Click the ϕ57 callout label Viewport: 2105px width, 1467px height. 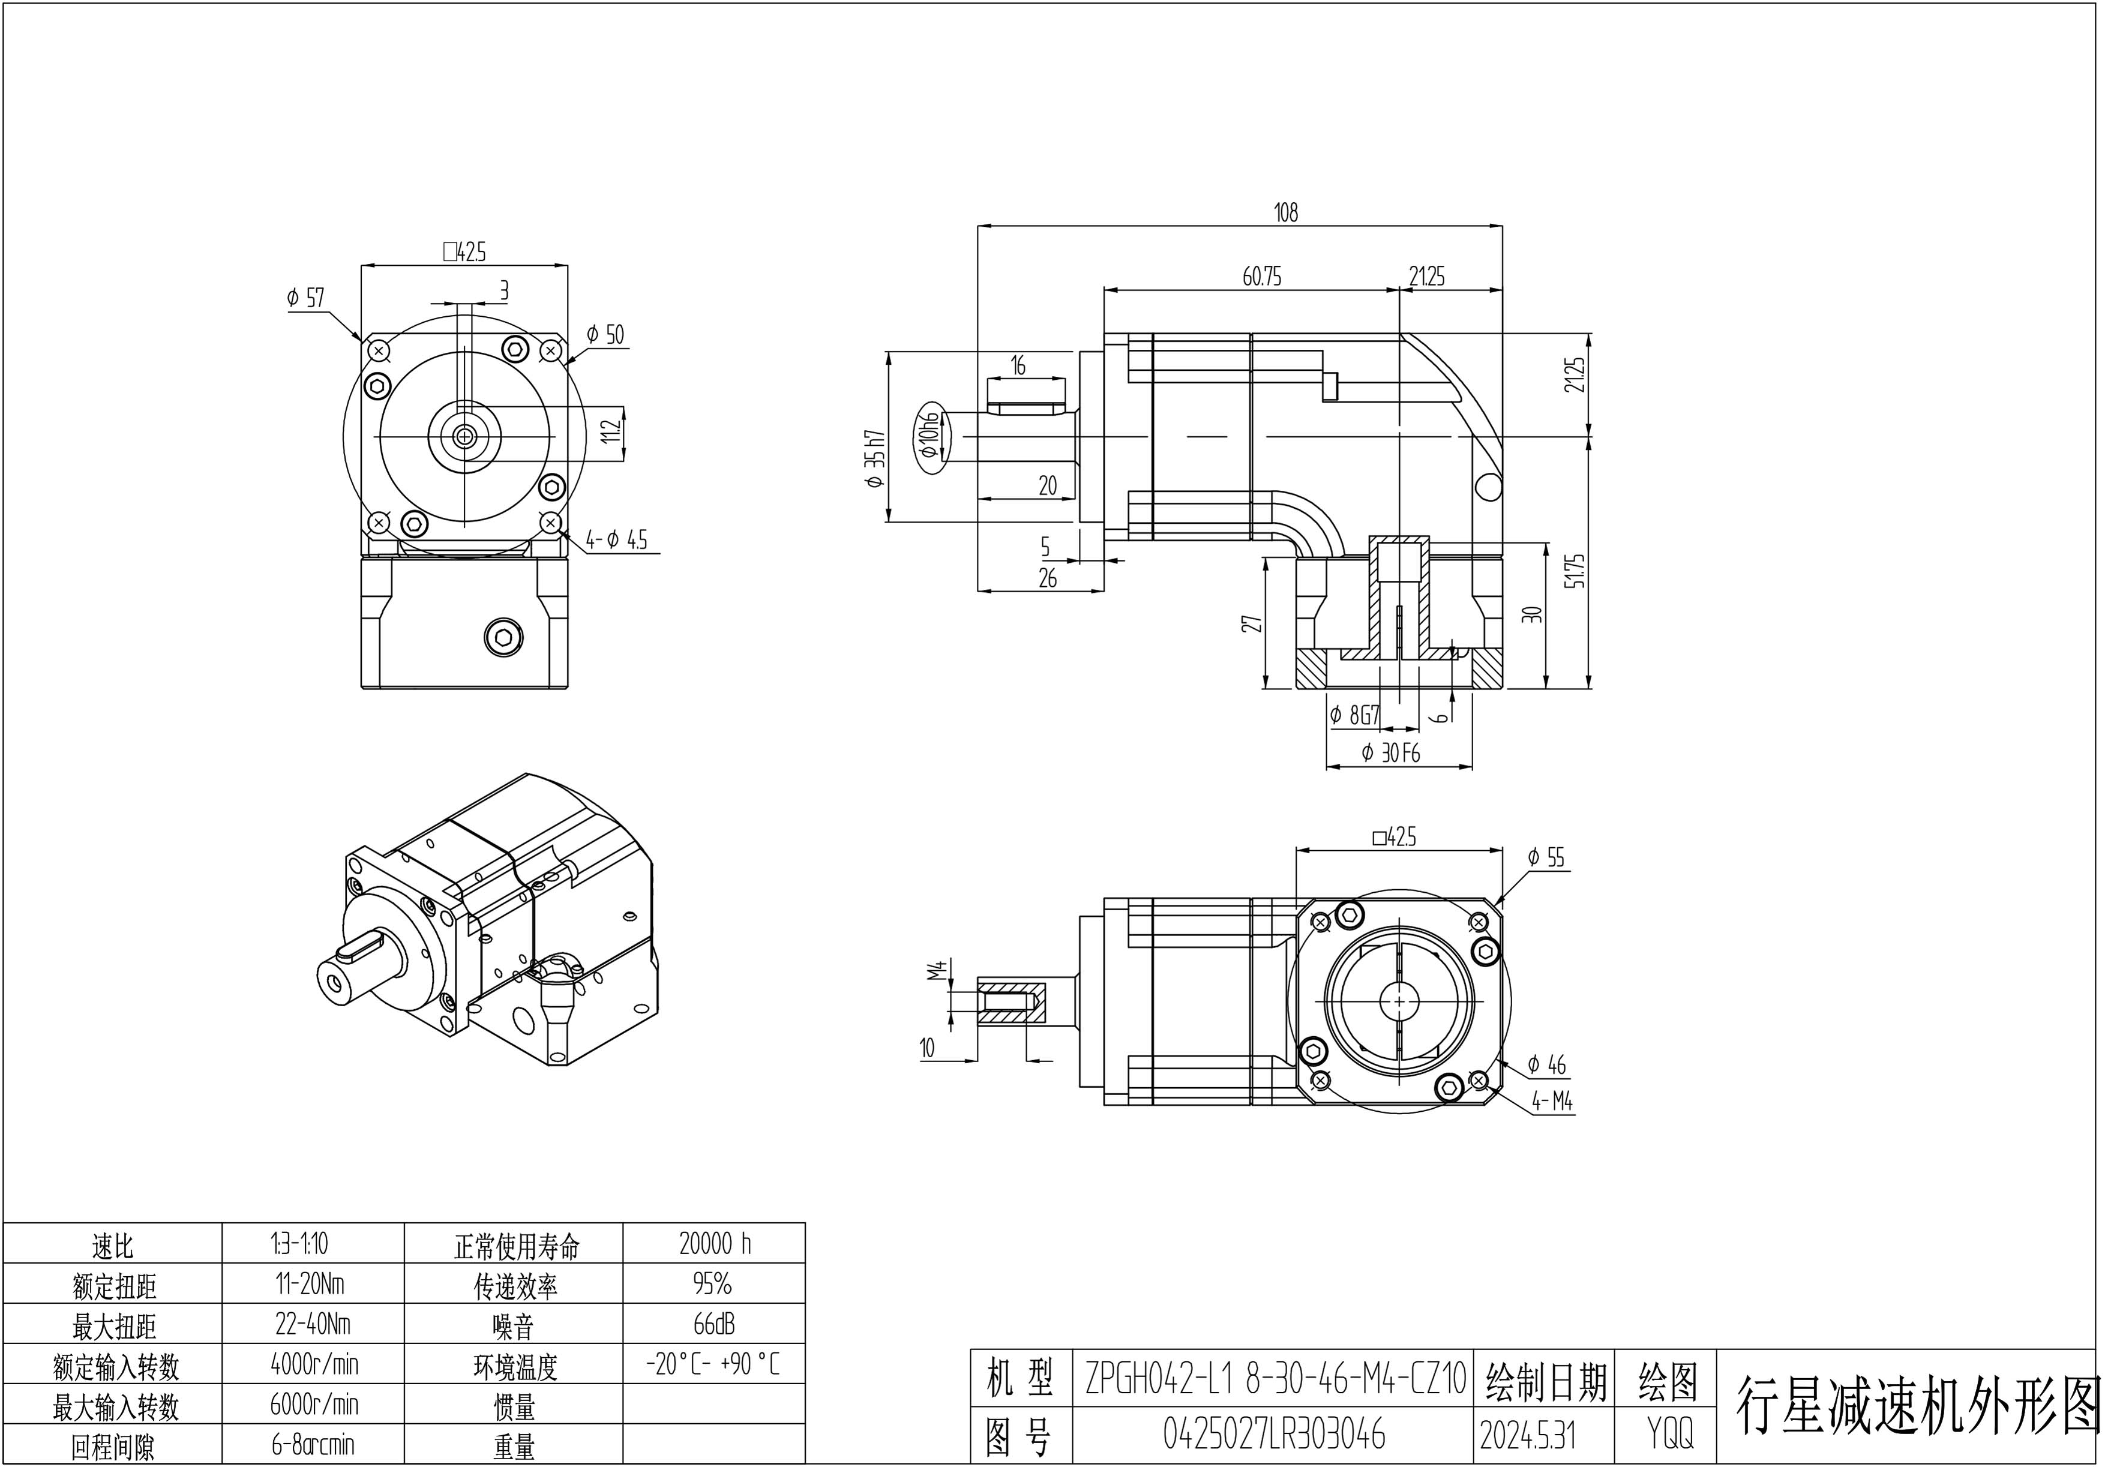(x=305, y=298)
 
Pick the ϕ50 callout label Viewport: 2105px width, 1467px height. (x=605, y=335)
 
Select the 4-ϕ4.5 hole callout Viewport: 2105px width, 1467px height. (x=616, y=540)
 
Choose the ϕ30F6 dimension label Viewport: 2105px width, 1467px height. (x=1391, y=753)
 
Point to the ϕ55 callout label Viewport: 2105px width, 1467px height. (x=1547, y=857)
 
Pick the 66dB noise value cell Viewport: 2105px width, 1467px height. (x=714, y=1324)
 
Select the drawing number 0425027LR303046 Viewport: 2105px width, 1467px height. (x=1275, y=1434)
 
